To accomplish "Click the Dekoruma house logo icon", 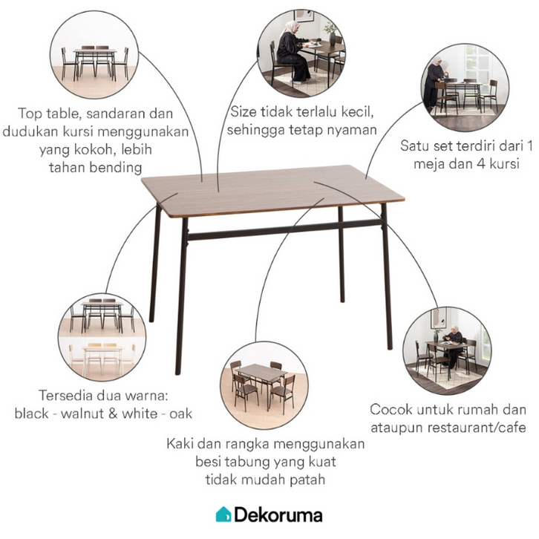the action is coord(223,514).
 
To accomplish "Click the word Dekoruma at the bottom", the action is coord(278,515).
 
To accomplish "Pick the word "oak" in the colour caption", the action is coord(181,414).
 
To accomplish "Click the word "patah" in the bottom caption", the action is coord(307,480).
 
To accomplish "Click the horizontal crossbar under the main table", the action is coord(284,230).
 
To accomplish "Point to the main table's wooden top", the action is coord(272,191).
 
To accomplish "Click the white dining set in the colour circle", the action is coord(102,358).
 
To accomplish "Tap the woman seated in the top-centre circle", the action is coord(294,55).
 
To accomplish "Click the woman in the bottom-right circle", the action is coord(454,345).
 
